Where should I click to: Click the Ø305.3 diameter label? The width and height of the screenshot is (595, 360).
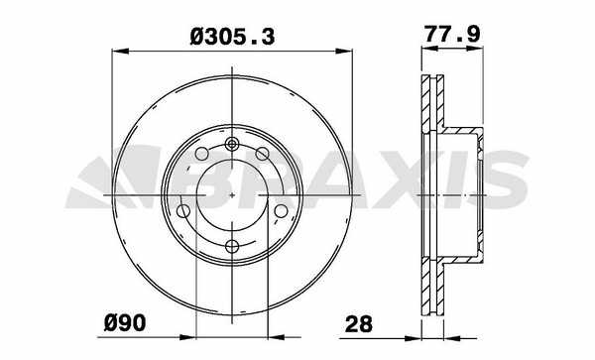[232, 37]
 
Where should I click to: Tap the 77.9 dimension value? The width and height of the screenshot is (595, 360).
[452, 34]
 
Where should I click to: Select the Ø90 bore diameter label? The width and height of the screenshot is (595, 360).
[125, 323]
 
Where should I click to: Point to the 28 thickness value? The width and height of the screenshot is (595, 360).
[359, 324]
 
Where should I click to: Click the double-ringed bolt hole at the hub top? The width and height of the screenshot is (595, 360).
[231, 144]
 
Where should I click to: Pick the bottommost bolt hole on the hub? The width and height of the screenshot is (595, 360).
[232, 246]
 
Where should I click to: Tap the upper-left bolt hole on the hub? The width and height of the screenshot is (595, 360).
[201, 154]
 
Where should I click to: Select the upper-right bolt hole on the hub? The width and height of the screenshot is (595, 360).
[262, 154]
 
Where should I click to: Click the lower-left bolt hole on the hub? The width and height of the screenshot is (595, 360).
[183, 211]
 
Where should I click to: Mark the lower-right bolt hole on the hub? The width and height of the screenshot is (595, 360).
[282, 211]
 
